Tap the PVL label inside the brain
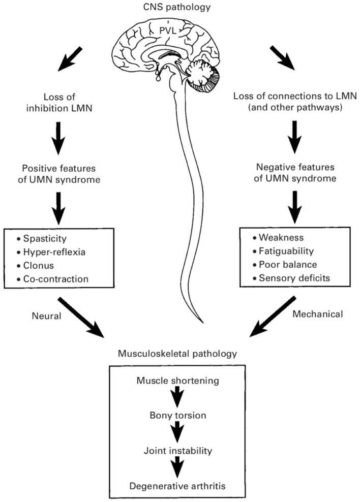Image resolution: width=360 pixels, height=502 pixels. [168, 30]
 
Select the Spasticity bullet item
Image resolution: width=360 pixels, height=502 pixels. [45, 238]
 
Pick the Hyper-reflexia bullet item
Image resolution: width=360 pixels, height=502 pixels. [54, 252]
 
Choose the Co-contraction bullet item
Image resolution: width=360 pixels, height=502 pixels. [56, 279]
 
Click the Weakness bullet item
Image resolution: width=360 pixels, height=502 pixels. [281, 237]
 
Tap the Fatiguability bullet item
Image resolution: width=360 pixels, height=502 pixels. [286, 251]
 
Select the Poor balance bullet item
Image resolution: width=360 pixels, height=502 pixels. [288, 264]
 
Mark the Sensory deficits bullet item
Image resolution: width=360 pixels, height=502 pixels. [294, 278]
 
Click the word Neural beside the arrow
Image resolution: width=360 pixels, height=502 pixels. [46, 316]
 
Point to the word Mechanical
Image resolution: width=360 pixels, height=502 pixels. [317, 314]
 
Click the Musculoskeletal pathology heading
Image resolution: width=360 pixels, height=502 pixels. [177, 354]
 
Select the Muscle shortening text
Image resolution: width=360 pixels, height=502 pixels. [178, 381]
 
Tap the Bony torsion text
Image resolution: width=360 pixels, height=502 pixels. [178, 415]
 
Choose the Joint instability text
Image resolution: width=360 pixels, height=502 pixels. [178, 451]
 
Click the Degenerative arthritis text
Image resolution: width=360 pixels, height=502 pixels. [177, 486]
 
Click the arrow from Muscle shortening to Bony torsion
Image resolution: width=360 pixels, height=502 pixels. [177, 397]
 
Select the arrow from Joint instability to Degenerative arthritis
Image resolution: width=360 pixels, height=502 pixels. [177, 467]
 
